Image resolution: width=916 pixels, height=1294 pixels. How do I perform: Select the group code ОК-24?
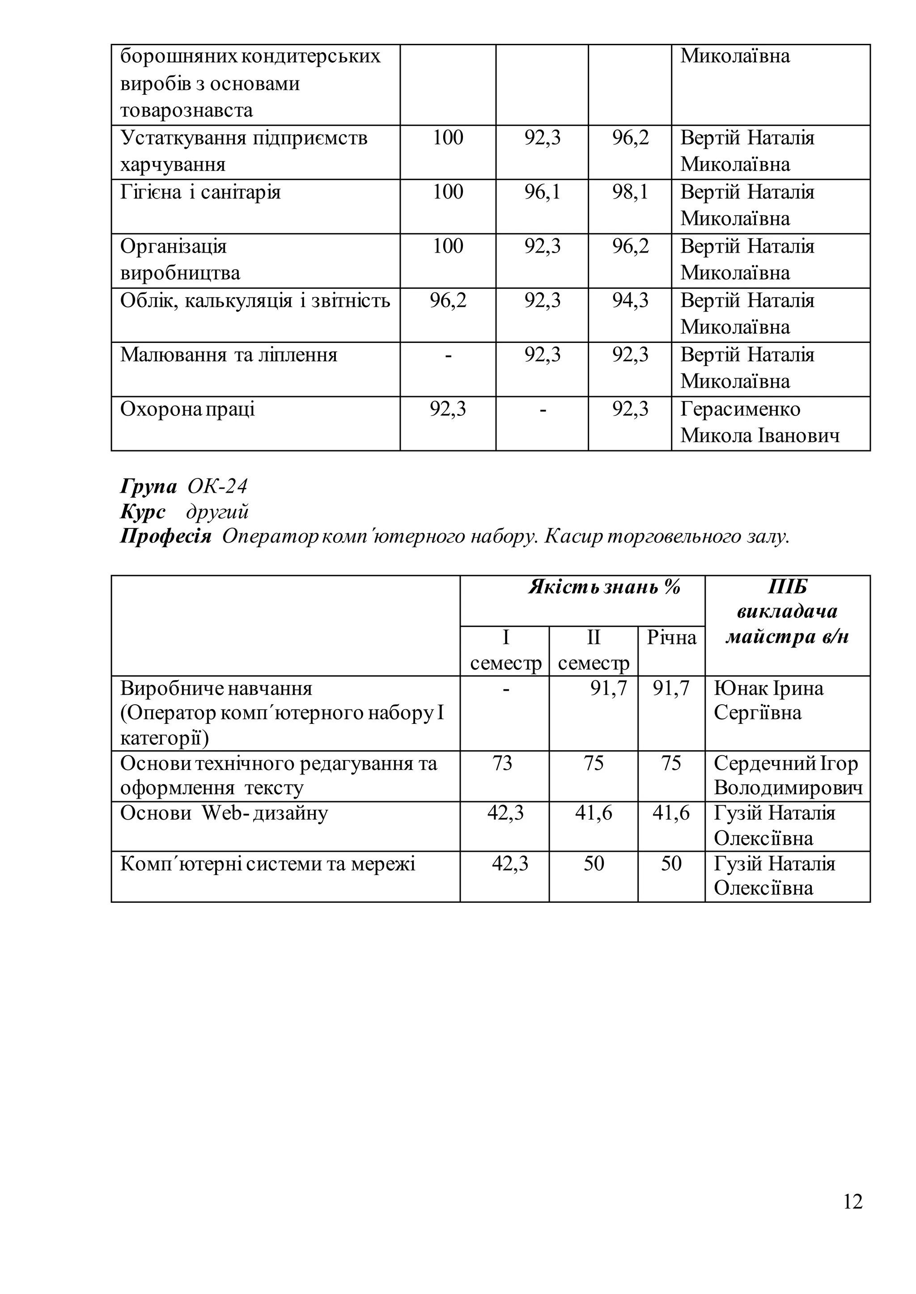tap(217, 486)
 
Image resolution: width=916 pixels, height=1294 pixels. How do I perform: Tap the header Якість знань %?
tap(604, 588)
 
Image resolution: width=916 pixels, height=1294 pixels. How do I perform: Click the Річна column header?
tap(671, 638)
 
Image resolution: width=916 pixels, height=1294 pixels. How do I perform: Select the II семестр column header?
tap(594, 650)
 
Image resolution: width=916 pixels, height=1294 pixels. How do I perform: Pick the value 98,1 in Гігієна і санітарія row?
tap(630, 192)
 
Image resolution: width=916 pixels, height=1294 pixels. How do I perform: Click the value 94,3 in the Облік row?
tap(630, 300)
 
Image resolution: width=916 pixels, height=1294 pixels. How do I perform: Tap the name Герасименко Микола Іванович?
tap(759, 422)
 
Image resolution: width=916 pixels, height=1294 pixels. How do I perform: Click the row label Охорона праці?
tap(187, 409)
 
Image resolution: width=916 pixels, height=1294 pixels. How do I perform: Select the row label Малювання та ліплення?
tap(229, 355)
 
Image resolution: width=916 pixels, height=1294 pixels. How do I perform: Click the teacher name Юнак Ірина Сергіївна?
tap(768, 700)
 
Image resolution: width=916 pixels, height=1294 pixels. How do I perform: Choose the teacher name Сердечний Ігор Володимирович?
tap(787, 775)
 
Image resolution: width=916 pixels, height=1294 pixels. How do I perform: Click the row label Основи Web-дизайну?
tap(223, 813)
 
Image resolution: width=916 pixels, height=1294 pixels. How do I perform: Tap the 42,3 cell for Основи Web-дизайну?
tap(505, 813)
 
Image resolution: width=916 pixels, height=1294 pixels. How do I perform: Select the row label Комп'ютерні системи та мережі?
tap(267, 864)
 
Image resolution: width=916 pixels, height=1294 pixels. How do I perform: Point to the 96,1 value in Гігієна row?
tap(542, 192)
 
